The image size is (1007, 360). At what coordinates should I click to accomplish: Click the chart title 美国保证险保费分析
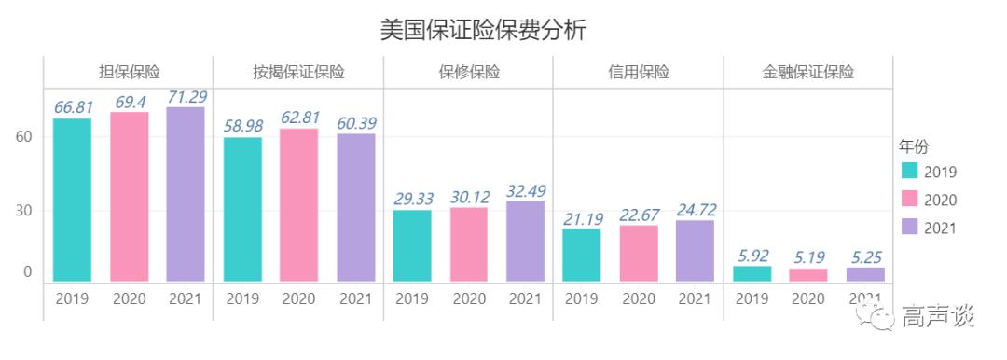(483, 30)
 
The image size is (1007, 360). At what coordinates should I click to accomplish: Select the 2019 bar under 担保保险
(72, 200)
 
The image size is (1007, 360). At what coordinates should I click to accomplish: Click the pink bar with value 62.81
(298, 204)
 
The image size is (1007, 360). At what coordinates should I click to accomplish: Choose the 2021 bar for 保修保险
(525, 241)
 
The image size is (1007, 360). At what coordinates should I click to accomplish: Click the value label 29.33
(412, 199)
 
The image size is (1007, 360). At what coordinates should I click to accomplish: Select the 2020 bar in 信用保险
(639, 253)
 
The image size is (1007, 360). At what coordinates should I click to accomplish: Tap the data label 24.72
(696, 209)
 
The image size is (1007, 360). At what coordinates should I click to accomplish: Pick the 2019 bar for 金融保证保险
(752, 273)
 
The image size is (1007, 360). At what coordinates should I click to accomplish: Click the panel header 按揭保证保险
(298, 73)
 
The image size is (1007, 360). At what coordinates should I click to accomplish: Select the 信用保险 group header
(639, 73)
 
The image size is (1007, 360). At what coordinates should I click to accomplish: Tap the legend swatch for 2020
(910, 199)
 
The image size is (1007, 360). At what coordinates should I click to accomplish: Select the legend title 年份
(913, 146)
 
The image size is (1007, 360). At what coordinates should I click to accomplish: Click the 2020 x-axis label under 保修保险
(469, 299)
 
